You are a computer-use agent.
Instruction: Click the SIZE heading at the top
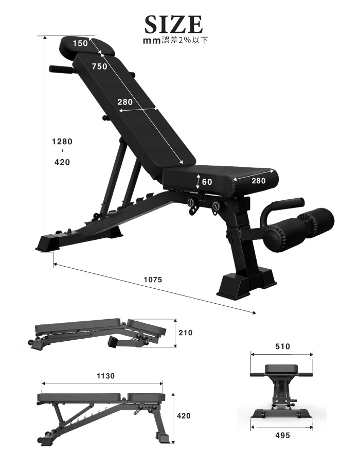coord(173,24)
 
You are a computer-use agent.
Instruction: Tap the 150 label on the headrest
coord(80,43)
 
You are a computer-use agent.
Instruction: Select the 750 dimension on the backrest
coord(99,66)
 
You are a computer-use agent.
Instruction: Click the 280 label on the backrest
coord(125,102)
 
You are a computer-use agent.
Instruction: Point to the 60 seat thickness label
coord(207,182)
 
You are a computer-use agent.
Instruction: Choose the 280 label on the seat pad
coord(259,181)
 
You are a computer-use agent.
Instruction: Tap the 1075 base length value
coord(153,280)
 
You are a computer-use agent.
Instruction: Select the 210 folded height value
coord(185,333)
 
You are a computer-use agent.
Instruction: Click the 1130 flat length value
coord(105,376)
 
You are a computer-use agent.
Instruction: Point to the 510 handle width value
coord(282,346)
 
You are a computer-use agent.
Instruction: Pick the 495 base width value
coord(282,435)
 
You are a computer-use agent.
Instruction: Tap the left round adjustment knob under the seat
coord(192,203)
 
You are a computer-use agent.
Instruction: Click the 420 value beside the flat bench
coord(184,416)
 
